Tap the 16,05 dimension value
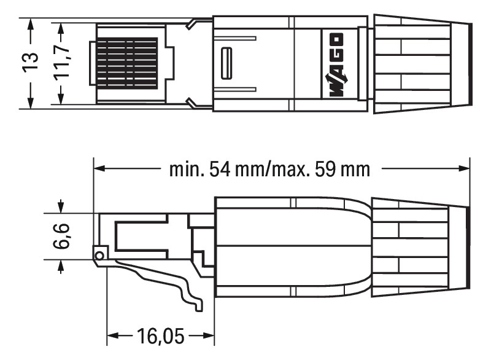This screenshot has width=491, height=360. [161, 337]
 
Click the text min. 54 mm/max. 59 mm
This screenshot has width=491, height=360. [270, 169]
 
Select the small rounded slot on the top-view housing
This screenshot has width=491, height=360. [226, 63]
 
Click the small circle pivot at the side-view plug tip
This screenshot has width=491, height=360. [98, 253]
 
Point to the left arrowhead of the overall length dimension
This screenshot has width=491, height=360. [99, 168]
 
